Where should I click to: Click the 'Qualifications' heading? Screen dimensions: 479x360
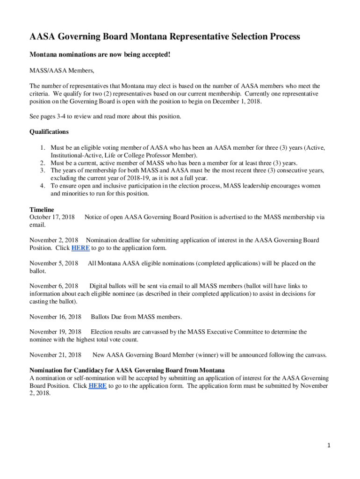49,131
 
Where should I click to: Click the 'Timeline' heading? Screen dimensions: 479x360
42,210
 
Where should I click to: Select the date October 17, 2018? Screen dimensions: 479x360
52,217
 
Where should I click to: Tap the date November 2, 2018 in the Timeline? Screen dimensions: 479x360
54,240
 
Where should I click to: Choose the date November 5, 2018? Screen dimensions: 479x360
54,263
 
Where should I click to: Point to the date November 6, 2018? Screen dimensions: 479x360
54,286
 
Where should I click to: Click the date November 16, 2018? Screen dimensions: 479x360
55,317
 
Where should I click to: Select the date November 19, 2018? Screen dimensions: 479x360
55,332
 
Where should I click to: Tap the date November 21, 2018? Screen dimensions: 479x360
55,355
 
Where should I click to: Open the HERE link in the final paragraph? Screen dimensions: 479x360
98,386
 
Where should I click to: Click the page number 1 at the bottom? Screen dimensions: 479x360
329,446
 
